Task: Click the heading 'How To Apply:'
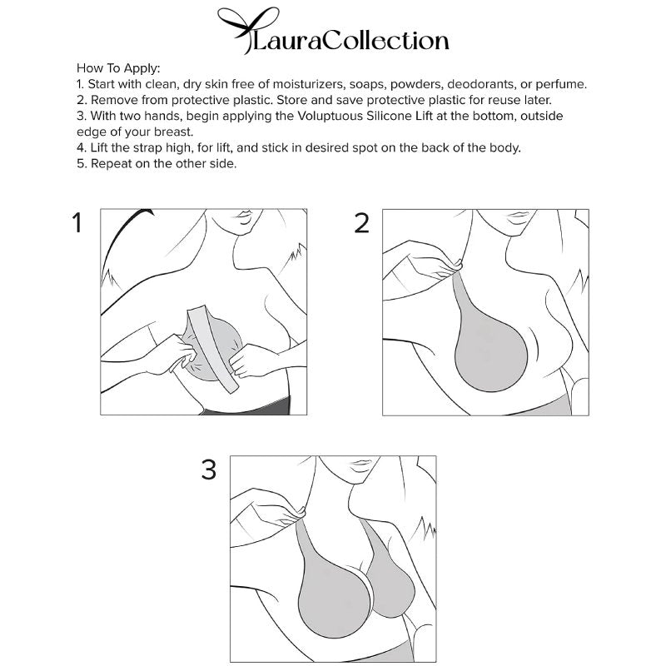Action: pyautogui.click(x=118, y=68)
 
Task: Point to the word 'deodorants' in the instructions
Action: pyautogui.click(x=455, y=84)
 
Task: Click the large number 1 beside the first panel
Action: pyautogui.click(x=78, y=224)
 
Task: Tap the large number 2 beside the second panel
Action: pyautogui.click(x=361, y=224)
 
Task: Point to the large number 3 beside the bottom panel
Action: pyautogui.click(x=209, y=470)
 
